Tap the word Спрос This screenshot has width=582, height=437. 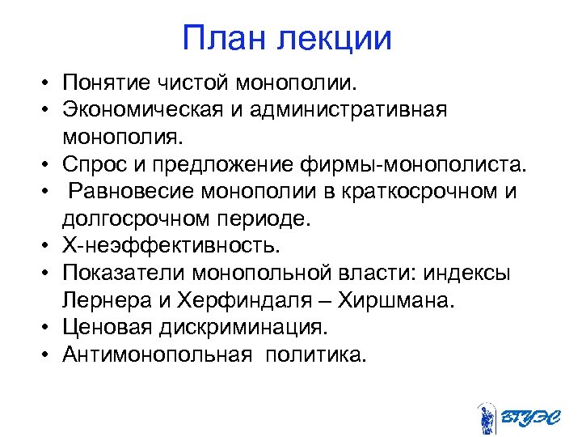pyautogui.click(x=97, y=166)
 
